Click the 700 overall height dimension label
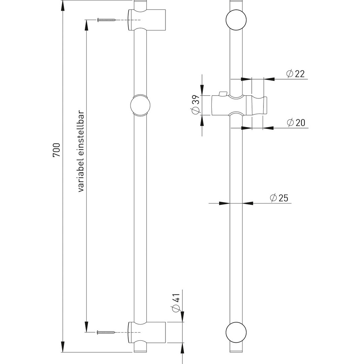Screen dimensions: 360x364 click(x=57, y=150)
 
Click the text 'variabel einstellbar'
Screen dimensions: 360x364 click(x=81, y=151)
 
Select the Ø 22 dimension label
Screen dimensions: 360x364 click(x=295, y=73)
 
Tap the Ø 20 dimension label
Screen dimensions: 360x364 click(x=296, y=122)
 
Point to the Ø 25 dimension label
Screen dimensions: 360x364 click(x=279, y=198)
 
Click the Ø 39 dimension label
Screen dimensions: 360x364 click(x=196, y=105)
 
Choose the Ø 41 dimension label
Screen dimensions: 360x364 click(x=176, y=302)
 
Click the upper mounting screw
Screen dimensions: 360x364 click(x=106, y=20)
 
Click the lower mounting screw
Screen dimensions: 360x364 click(x=106, y=332)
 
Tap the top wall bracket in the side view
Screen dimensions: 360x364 click(x=146, y=20)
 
